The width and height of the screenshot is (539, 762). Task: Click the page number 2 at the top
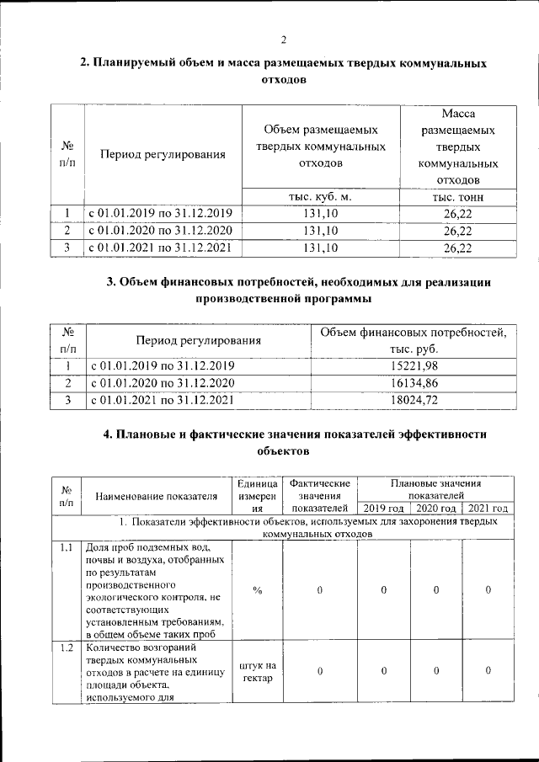coord(284,40)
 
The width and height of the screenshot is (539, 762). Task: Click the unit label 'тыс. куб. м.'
coord(320,196)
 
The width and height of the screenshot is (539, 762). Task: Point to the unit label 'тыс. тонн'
coord(457,196)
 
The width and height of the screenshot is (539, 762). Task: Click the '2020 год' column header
coord(436,509)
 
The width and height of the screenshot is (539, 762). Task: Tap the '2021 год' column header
coord(488,509)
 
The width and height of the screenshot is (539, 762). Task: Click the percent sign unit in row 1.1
coord(258,590)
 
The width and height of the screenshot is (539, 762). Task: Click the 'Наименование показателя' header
coord(157,497)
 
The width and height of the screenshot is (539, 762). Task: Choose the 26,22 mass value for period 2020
coord(457,230)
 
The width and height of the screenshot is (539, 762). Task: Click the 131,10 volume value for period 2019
coord(320,213)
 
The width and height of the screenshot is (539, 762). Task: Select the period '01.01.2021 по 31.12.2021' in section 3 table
coord(160,400)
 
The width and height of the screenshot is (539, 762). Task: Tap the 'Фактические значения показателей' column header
coord(319,496)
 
